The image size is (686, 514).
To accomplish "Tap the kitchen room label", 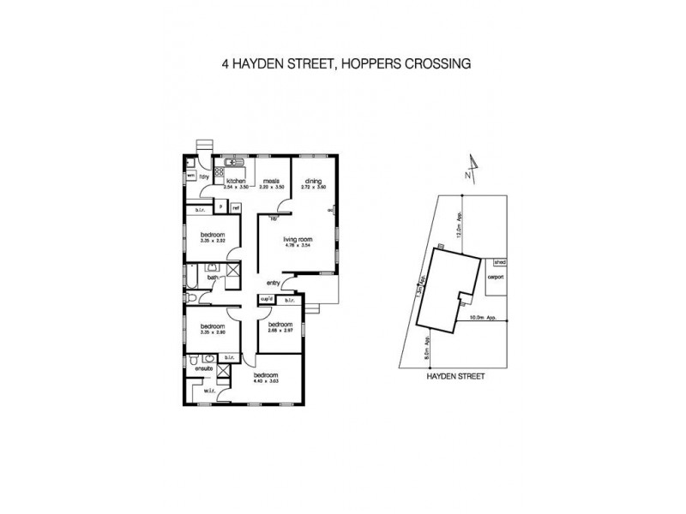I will tap(237, 181).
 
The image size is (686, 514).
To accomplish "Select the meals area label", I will tap(272, 181).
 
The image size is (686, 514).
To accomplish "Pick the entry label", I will tap(274, 283).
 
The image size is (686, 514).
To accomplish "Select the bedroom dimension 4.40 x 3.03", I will tap(265, 381).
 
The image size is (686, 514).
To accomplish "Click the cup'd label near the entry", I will tap(266, 298).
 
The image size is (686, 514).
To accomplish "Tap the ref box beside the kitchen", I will tap(235, 207).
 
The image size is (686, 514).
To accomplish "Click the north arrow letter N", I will tap(467, 175).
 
